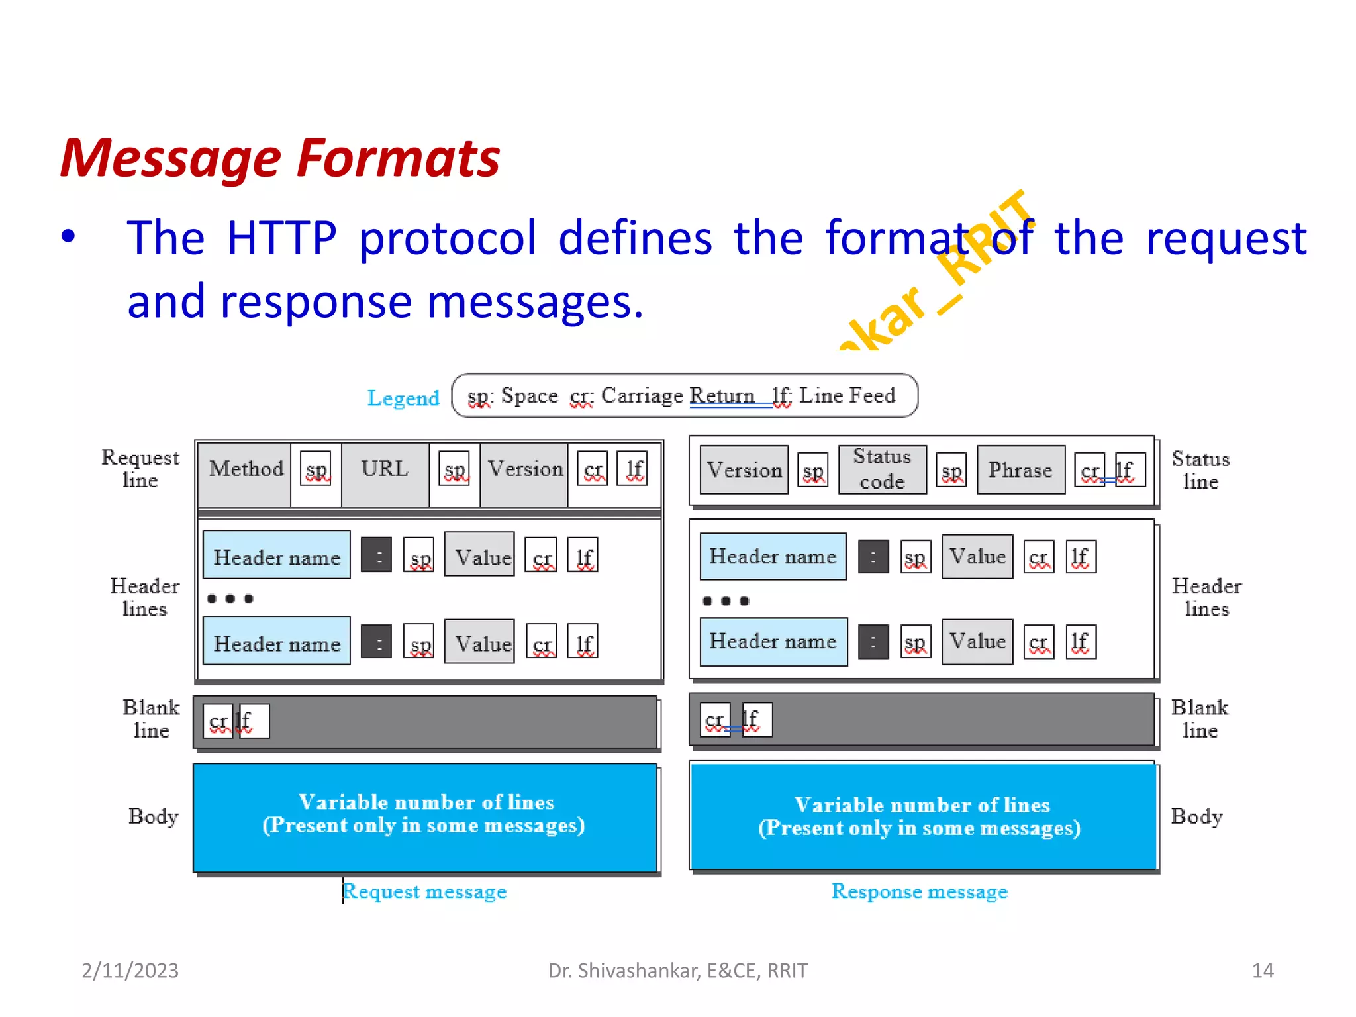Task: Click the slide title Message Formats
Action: (x=279, y=159)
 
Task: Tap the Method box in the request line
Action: (x=245, y=470)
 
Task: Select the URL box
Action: (x=385, y=470)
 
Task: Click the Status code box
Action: (x=882, y=469)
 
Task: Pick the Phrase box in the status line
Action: (x=1020, y=470)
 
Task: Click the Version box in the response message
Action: (x=744, y=470)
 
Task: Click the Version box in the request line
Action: (x=524, y=470)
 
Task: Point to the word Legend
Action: (x=403, y=398)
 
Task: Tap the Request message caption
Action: (x=424, y=892)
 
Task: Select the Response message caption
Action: (x=920, y=892)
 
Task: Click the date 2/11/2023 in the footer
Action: (x=130, y=971)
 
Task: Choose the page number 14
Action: (x=1263, y=971)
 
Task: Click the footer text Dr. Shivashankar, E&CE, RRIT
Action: (x=677, y=971)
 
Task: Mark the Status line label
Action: (x=1200, y=470)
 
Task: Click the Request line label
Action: (x=140, y=469)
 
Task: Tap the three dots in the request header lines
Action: (x=230, y=599)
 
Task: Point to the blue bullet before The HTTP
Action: (x=68, y=237)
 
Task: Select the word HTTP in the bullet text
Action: (x=281, y=238)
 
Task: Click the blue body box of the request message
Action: (x=424, y=818)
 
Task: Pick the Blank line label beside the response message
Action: (x=1199, y=719)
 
